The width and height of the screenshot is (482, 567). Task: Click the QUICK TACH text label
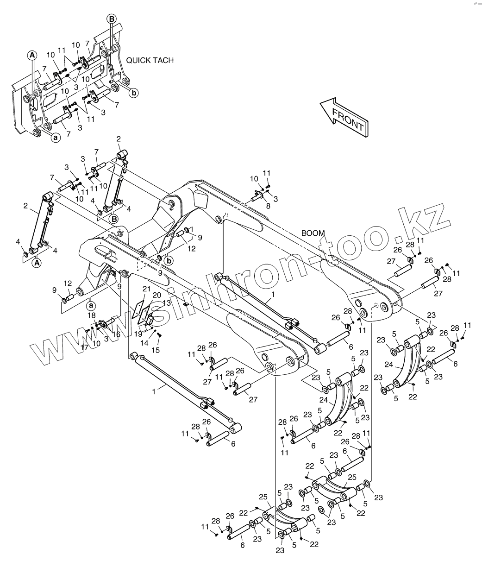150,60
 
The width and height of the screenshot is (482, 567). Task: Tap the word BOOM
313,233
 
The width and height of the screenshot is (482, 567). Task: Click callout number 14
144,343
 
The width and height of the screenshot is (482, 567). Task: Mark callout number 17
85,346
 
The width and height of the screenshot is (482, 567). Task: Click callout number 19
138,334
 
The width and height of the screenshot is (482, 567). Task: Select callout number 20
156,295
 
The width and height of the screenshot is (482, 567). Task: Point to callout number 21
147,289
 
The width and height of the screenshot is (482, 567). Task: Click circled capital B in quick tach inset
112,19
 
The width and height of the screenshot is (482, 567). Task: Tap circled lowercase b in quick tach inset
133,93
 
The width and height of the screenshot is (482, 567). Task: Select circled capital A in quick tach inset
32,55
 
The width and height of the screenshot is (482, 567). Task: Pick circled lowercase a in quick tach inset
55,137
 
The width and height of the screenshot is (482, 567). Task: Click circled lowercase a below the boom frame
91,305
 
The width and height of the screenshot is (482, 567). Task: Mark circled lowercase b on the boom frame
169,261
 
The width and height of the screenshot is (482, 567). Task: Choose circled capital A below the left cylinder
35,263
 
